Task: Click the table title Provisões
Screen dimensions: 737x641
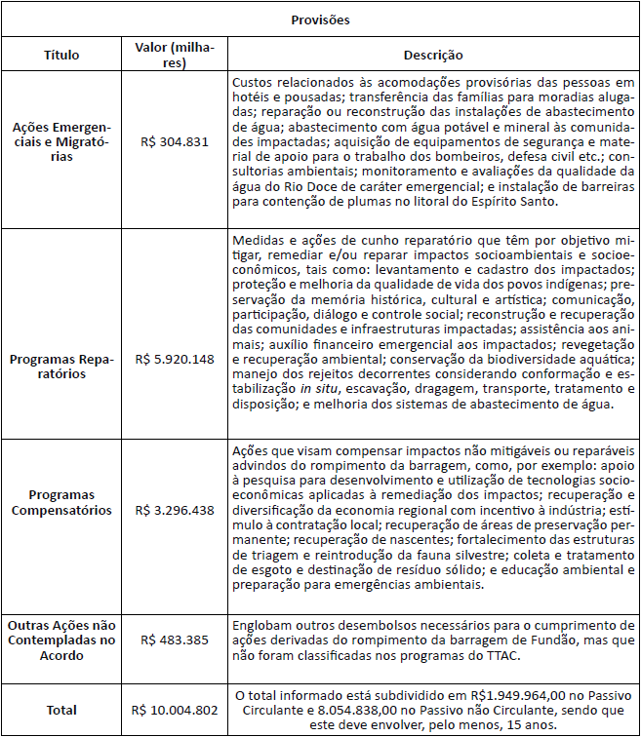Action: [x=320, y=19]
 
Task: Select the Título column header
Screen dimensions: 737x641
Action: [x=61, y=56]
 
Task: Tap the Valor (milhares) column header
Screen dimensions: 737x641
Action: [x=175, y=56]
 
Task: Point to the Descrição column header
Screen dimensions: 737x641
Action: [x=433, y=56]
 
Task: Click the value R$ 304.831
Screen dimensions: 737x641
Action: [x=175, y=141]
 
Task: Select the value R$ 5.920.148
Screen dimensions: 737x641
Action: [x=175, y=359]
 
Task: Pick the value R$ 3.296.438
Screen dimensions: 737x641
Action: [x=175, y=510]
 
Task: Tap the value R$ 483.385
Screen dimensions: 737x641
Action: [x=175, y=640]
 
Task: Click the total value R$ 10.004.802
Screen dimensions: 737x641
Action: [x=175, y=710]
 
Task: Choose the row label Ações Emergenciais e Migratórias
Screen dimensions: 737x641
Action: [x=61, y=141]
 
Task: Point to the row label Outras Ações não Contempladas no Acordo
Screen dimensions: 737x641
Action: [x=61, y=640]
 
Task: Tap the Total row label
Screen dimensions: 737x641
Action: [x=61, y=710]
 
